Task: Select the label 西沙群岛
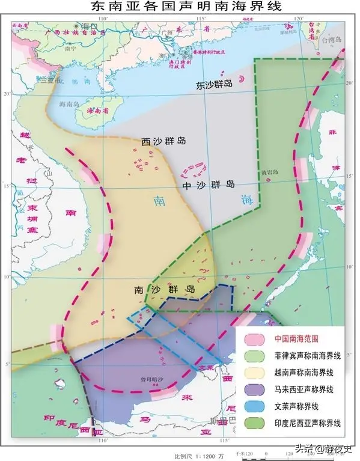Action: coord(163,141)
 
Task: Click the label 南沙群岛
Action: coord(165,289)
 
